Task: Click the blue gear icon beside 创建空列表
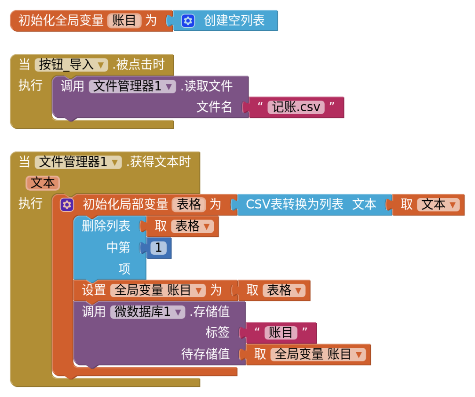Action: [x=188, y=21]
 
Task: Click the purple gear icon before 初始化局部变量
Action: [x=67, y=205]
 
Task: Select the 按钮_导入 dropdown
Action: [x=71, y=65]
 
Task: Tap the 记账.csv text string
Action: [x=296, y=107]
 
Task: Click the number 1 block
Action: [x=158, y=248]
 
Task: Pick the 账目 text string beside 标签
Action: [x=281, y=332]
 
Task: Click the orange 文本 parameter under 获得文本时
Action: [x=43, y=183]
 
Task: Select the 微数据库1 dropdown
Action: [x=147, y=312]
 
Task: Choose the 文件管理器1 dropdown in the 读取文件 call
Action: [x=132, y=86]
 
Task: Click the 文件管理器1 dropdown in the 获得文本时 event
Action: [x=78, y=162]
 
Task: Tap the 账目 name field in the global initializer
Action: [x=124, y=21]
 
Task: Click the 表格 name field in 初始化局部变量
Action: [x=189, y=204]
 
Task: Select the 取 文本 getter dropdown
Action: [x=438, y=205]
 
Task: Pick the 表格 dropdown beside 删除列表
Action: [x=192, y=226]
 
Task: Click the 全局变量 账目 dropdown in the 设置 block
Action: [x=158, y=290]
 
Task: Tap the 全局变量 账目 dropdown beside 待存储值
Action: [x=318, y=354]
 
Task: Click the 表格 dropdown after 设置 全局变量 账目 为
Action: [x=284, y=290]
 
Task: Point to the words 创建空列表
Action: [x=234, y=21]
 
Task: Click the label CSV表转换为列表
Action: [x=294, y=205]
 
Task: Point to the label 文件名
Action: [x=214, y=107]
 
